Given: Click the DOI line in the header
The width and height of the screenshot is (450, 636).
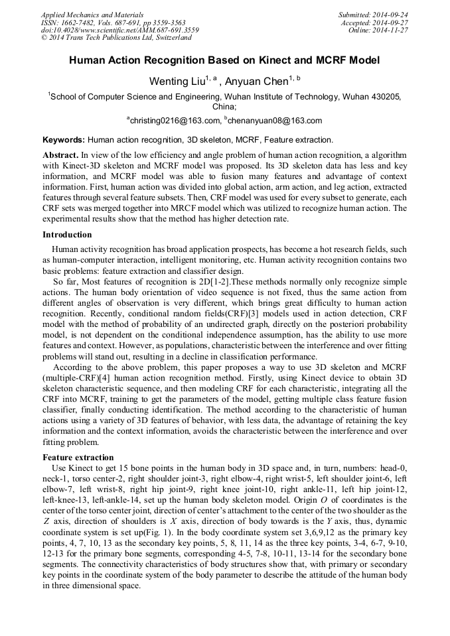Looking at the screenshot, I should pyautogui.click(x=119, y=31).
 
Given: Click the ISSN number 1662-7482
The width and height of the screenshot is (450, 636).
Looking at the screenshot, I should pyautogui.click(x=79, y=23).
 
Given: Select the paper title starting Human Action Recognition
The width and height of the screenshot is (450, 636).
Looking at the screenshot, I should pyautogui.click(x=224, y=60).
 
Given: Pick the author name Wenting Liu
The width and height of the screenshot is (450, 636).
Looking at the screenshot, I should pyautogui.click(x=176, y=82).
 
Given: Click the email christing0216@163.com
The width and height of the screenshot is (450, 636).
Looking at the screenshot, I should pyautogui.click(x=175, y=121).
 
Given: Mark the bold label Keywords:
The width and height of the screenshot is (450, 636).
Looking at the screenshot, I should pyautogui.click(x=64, y=141).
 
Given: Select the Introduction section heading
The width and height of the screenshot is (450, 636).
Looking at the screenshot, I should pyautogui.click(x=67, y=235).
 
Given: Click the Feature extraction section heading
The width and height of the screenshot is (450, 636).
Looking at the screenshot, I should pyautogui.click(x=78, y=458).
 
